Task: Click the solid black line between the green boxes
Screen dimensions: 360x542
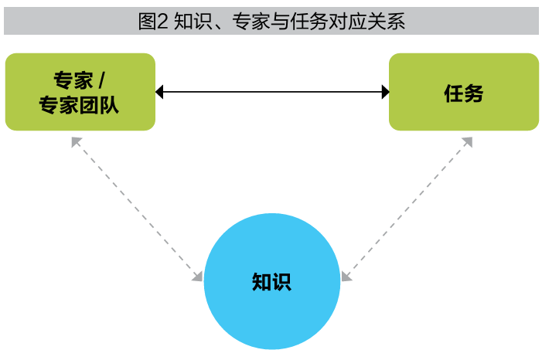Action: [x=271, y=93]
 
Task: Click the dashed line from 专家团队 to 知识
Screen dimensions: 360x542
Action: [x=135, y=208]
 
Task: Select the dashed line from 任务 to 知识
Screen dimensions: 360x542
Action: [x=407, y=207]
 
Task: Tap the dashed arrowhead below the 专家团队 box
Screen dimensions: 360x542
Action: [x=76, y=142]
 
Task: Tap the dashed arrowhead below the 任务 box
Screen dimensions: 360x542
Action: [x=468, y=142]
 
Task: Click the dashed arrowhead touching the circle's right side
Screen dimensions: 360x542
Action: [x=346, y=275]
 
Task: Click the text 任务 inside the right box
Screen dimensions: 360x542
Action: [x=463, y=93]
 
